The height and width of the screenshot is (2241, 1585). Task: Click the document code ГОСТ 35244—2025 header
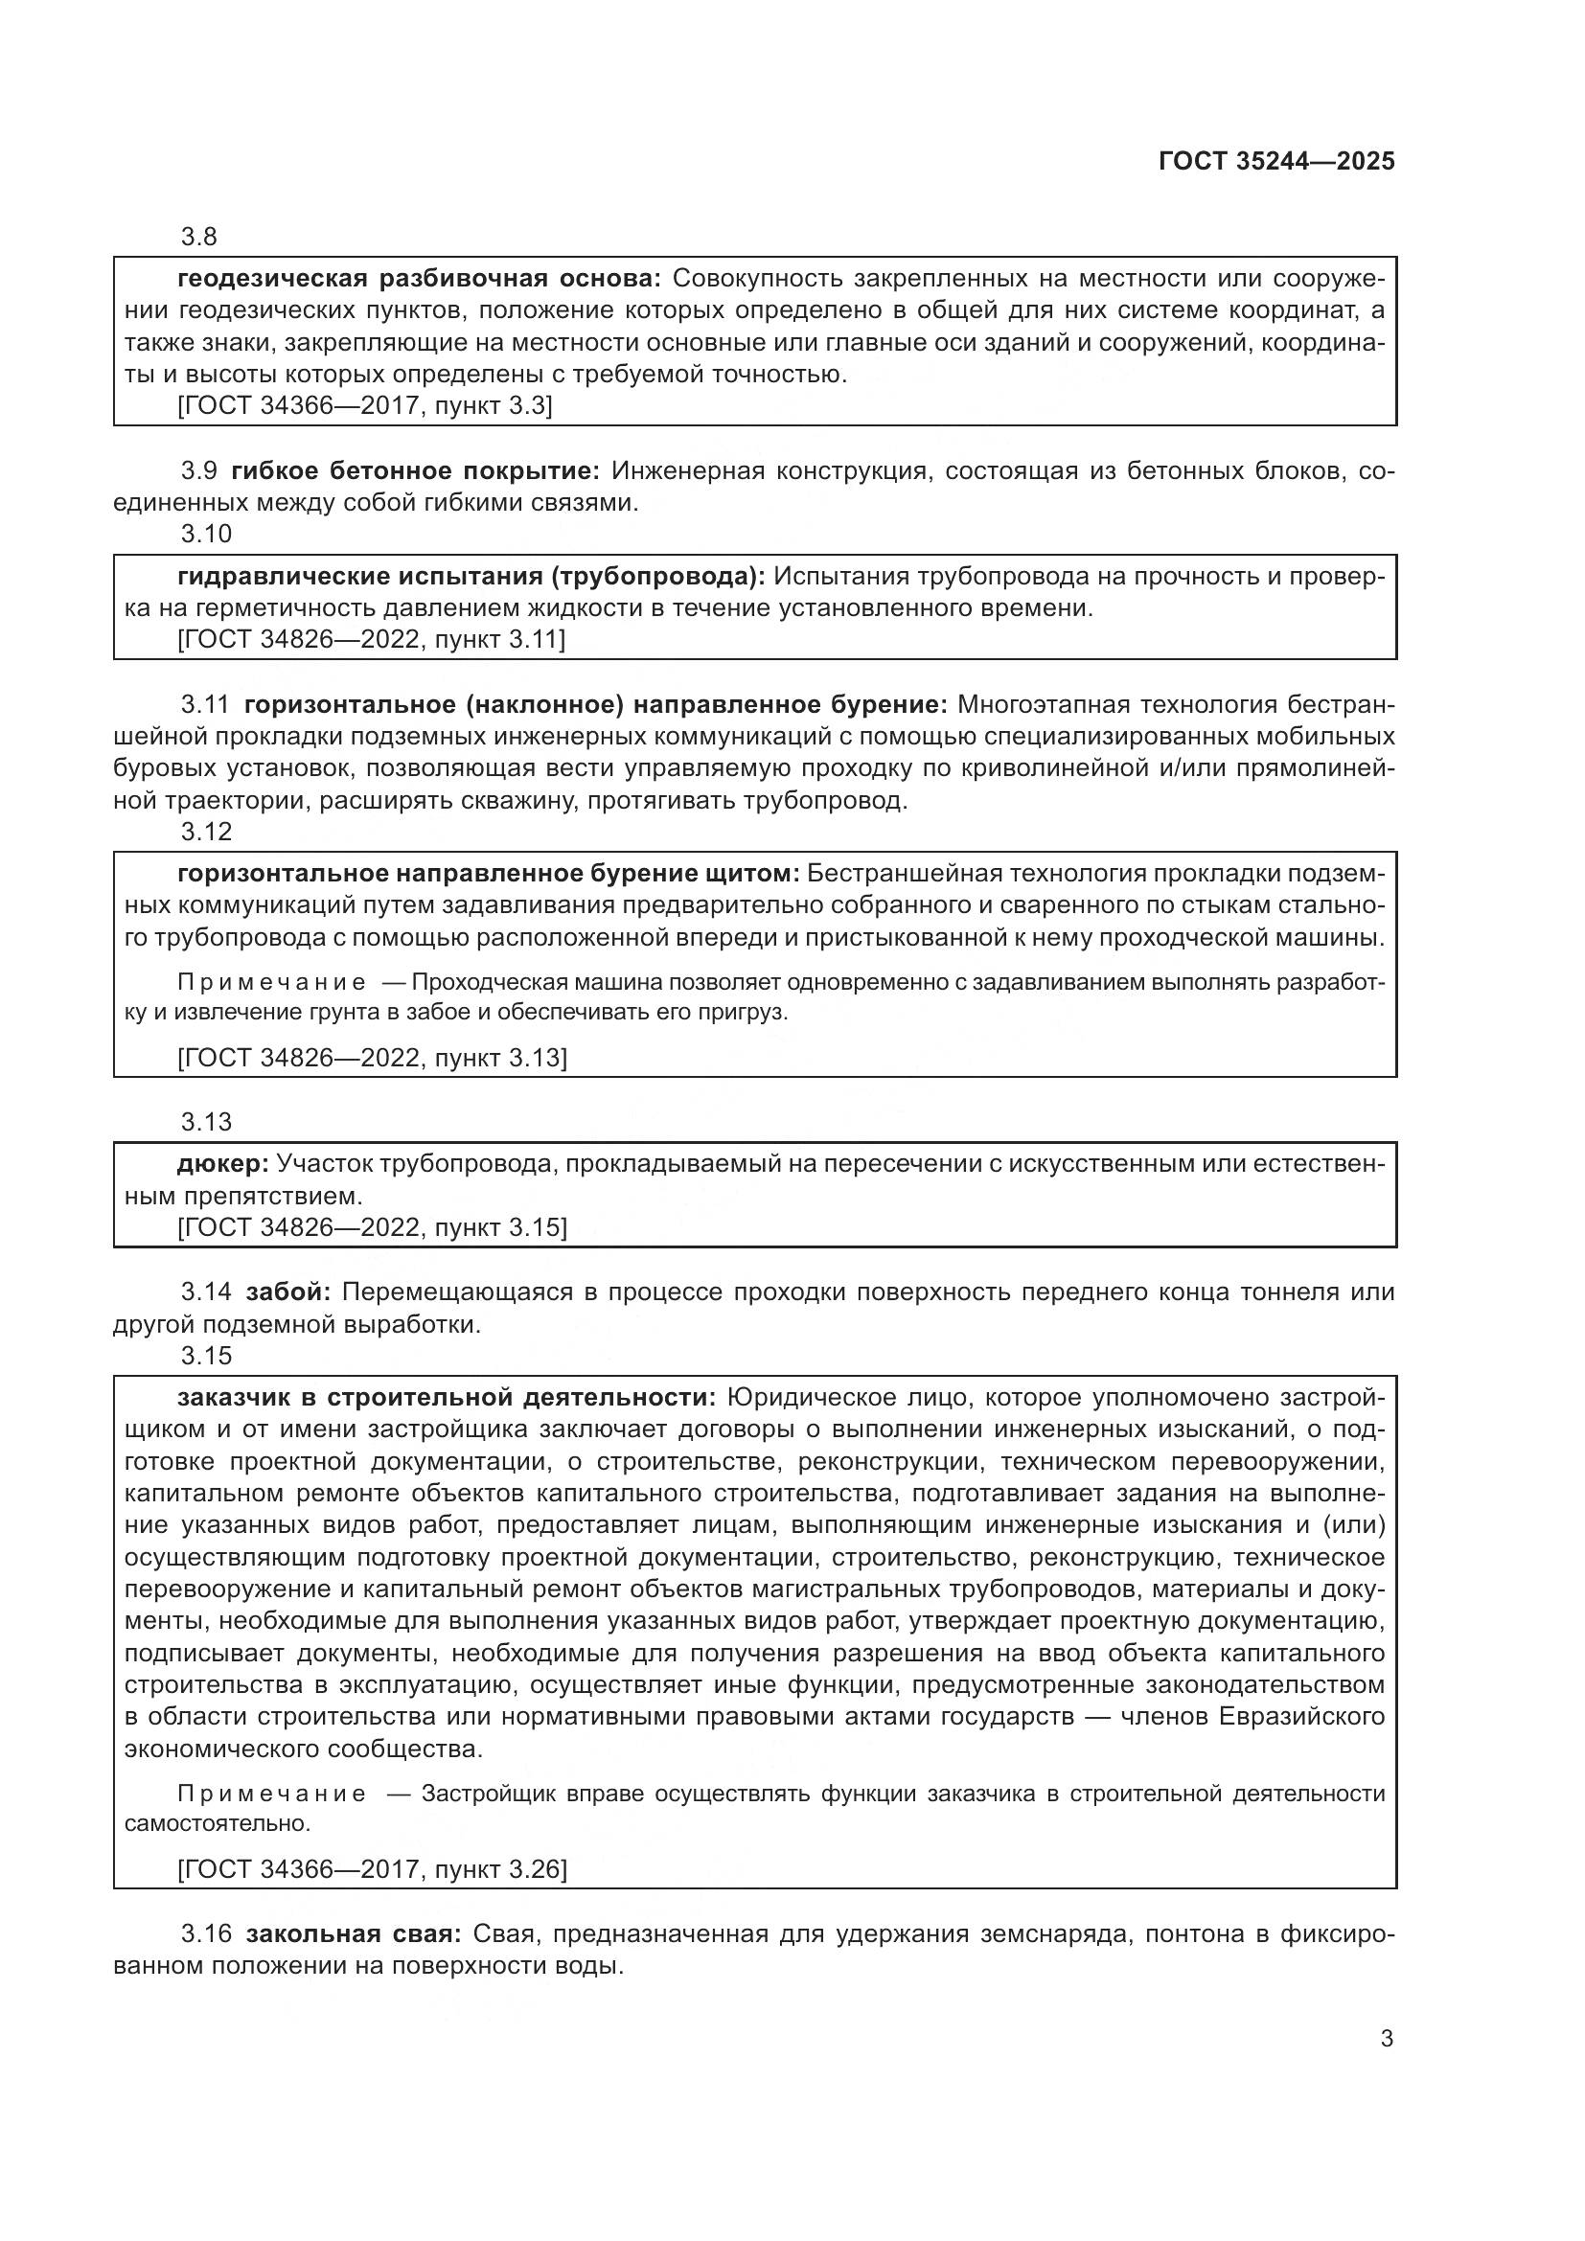(x=1275, y=161)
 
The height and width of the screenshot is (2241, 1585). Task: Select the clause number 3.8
(x=199, y=237)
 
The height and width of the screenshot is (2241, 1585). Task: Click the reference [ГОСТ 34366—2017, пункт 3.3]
(x=364, y=405)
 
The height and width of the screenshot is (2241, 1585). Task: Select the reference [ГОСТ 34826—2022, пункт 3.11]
(x=371, y=639)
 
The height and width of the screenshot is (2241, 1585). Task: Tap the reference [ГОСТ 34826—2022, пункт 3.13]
(x=371, y=1057)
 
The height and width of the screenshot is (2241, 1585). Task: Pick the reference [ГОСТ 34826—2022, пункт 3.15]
(x=371, y=1227)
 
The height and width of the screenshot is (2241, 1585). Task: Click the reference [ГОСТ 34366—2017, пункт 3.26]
(x=371, y=1868)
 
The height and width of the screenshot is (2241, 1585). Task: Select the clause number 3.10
(x=206, y=533)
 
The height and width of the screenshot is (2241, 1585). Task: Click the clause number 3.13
(x=206, y=1122)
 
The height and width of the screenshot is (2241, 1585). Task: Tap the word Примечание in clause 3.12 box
(x=271, y=981)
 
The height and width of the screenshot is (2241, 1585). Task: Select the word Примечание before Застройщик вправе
(x=271, y=1793)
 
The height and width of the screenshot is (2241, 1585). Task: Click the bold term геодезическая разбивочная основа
(x=419, y=278)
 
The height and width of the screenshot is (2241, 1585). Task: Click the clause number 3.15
(x=206, y=1355)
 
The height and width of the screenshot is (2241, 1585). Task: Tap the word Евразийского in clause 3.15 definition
(x=1302, y=1716)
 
